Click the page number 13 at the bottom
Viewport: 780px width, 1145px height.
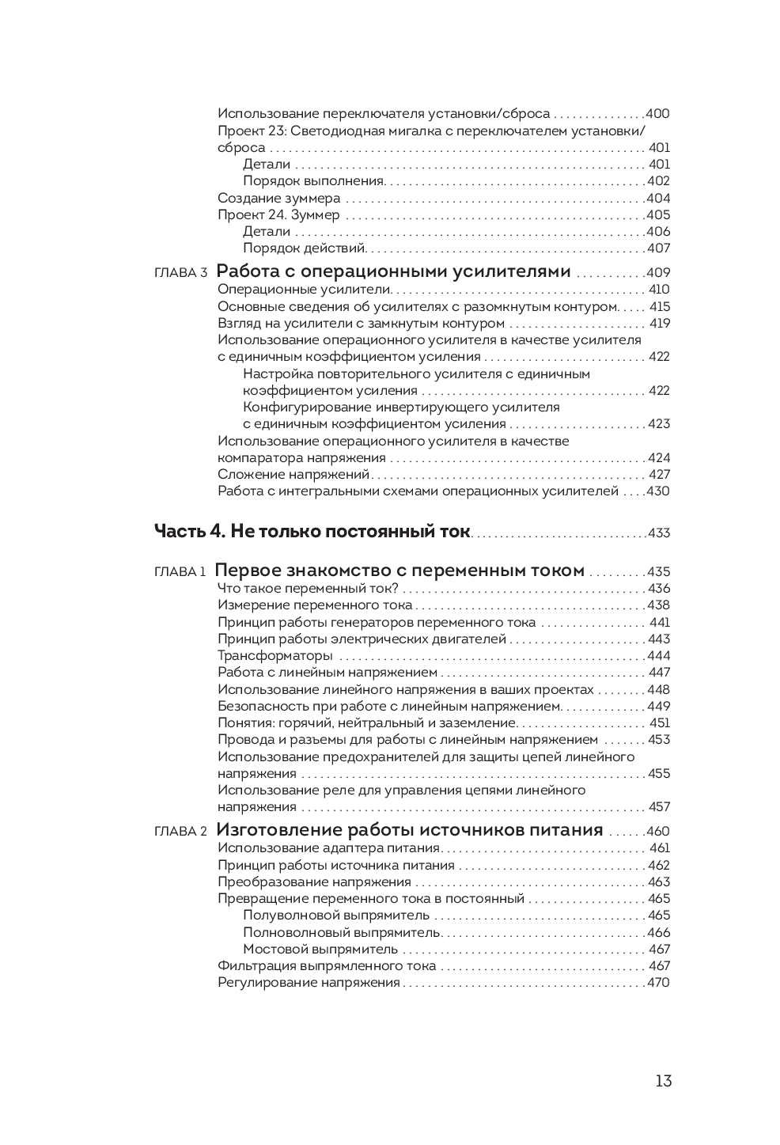(x=663, y=1081)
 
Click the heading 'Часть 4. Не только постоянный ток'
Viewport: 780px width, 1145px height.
(x=312, y=531)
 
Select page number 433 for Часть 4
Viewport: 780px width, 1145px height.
(x=658, y=533)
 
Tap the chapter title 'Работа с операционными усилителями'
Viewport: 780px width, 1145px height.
(x=393, y=271)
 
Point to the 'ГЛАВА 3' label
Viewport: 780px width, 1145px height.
(x=180, y=273)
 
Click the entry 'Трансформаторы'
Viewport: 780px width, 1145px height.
(x=275, y=655)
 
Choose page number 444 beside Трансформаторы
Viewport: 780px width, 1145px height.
(x=658, y=655)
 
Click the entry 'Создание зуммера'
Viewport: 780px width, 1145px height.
(x=278, y=198)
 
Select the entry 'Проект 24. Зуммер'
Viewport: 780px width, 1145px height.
(x=278, y=214)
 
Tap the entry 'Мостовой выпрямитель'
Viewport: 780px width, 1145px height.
(x=320, y=949)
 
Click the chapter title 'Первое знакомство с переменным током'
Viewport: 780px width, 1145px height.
(x=399, y=571)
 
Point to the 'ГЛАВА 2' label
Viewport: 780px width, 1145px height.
(x=180, y=832)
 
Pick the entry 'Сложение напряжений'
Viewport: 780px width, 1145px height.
(x=293, y=474)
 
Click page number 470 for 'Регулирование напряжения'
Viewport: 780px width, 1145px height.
(x=658, y=982)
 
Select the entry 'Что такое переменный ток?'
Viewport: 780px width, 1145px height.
(x=308, y=588)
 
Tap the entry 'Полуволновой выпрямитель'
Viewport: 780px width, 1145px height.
(x=336, y=915)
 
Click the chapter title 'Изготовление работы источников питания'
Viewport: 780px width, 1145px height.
(x=409, y=830)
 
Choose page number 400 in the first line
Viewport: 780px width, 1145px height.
(x=658, y=113)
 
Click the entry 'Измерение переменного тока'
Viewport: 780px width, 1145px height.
(x=315, y=605)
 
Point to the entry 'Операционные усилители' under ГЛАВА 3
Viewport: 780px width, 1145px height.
(x=305, y=289)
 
